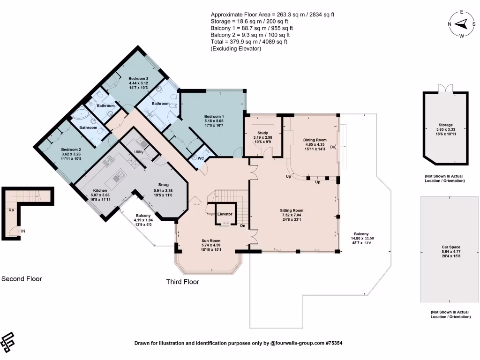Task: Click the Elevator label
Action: pyautogui.click(x=225, y=214)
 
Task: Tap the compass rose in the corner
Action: pyautogui.click(x=461, y=24)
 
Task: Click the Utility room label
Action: pyautogui.click(x=139, y=152)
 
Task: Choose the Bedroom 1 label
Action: pyautogui.click(x=214, y=116)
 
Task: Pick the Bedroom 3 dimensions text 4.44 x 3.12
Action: pyautogui.click(x=138, y=83)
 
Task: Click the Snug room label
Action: pyautogui.click(x=163, y=185)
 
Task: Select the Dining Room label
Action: pyautogui.click(x=315, y=140)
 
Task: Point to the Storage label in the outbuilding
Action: pyautogui.click(x=445, y=125)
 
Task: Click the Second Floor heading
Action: pyautogui.click(x=22, y=279)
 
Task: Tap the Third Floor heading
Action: pyautogui.click(x=183, y=282)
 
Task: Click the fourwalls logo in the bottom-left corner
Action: pyautogui.click(x=8, y=342)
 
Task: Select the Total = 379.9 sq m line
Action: pyautogui.click(x=249, y=42)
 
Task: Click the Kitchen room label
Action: pyautogui.click(x=99, y=190)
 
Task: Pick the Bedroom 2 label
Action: pyautogui.click(x=71, y=150)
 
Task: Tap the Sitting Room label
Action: pyautogui.click(x=292, y=211)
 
